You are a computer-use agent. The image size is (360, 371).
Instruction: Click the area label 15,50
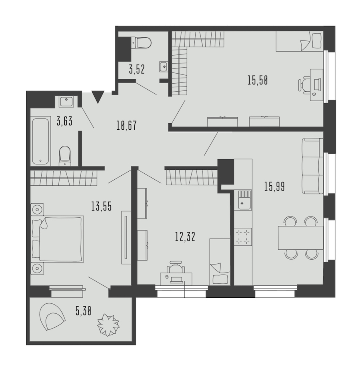pyautogui.click(x=258, y=80)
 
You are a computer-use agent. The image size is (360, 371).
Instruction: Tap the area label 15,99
pyautogui.click(x=275, y=187)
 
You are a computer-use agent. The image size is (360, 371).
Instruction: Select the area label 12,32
pyautogui.click(x=185, y=237)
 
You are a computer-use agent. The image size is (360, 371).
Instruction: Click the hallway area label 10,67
pyautogui.click(x=126, y=125)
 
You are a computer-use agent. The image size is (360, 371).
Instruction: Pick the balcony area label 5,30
pyautogui.click(x=83, y=311)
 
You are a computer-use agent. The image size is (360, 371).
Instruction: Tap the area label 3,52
pyautogui.click(x=137, y=70)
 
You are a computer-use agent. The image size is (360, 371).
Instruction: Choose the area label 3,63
pyautogui.click(x=64, y=122)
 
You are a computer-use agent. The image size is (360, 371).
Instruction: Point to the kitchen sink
pyautogui.click(x=244, y=200)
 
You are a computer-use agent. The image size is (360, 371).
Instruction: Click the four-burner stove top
pyautogui.click(x=243, y=237)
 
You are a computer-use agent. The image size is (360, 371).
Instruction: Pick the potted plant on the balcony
pyautogui.click(x=108, y=325)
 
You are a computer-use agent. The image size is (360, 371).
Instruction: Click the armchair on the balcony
pyautogui.click(x=52, y=317)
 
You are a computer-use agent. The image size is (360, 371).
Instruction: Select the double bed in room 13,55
pyautogui.click(x=58, y=239)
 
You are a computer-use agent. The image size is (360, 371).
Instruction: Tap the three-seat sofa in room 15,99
pyautogui.click(x=312, y=166)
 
